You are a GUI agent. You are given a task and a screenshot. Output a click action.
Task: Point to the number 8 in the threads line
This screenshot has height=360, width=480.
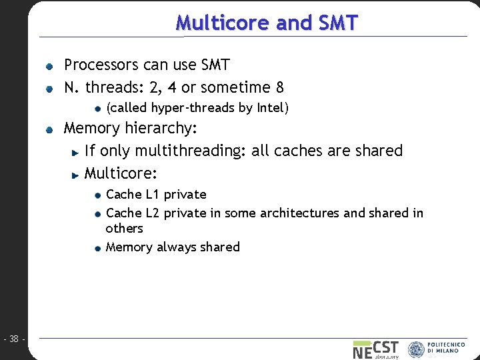tap(280, 87)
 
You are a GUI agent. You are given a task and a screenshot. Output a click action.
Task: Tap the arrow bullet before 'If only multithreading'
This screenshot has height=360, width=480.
tap(77, 152)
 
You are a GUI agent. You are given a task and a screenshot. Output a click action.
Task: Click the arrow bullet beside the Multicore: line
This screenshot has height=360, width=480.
tap(77, 175)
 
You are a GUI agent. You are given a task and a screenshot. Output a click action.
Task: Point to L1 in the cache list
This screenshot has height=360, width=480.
tap(152, 195)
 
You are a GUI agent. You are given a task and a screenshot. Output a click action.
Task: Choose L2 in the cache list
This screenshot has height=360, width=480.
tap(152, 213)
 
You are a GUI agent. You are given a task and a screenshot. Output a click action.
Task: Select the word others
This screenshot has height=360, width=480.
tap(124, 228)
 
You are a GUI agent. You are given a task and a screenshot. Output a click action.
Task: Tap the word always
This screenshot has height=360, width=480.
tap(177, 247)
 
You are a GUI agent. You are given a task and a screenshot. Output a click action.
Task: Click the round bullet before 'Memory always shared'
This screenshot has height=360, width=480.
tap(97, 248)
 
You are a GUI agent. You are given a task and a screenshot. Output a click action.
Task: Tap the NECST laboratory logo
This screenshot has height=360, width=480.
tap(375, 349)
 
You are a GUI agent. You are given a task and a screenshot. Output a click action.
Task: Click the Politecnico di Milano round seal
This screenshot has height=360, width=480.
tap(416, 349)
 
